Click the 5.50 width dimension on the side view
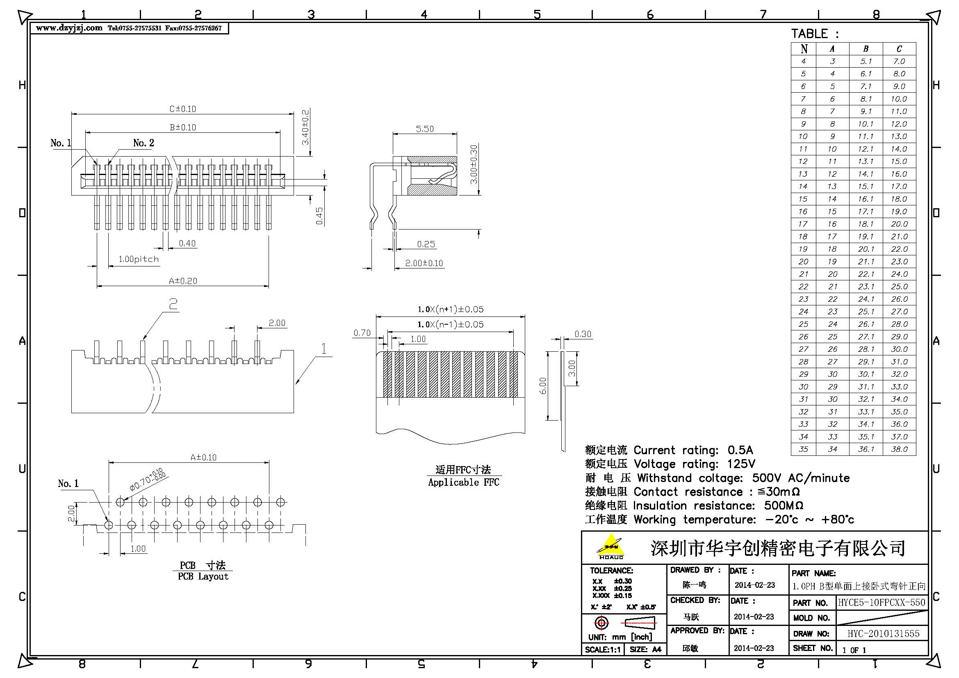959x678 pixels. click(425, 129)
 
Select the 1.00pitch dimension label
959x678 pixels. click(139, 259)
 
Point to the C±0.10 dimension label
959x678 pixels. click(182, 109)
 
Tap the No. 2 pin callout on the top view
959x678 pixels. click(144, 143)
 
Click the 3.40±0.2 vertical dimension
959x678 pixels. click(305, 127)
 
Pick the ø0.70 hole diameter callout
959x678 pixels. click(148, 480)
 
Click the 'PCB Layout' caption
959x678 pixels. click(203, 577)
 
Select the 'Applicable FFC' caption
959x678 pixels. click(464, 482)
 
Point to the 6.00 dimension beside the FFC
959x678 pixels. click(543, 386)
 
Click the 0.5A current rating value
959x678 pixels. click(740, 450)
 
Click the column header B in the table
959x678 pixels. click(866, 49)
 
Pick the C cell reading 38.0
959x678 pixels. click(899, 449)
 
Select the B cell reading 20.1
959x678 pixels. click(866, 249)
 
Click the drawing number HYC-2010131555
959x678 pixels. click(884, 634)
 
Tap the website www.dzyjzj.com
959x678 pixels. click(69, 28)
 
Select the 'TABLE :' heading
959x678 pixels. click(815, 34)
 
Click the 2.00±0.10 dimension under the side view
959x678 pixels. click(424, 264)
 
